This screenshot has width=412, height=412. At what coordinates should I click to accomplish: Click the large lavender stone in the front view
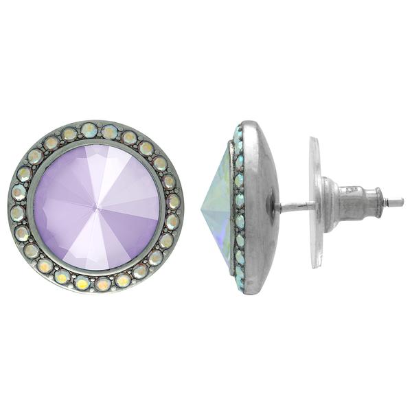96,206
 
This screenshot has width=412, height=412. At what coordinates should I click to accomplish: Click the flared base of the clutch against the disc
328,204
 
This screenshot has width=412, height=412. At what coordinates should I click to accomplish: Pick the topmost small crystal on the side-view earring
238,130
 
